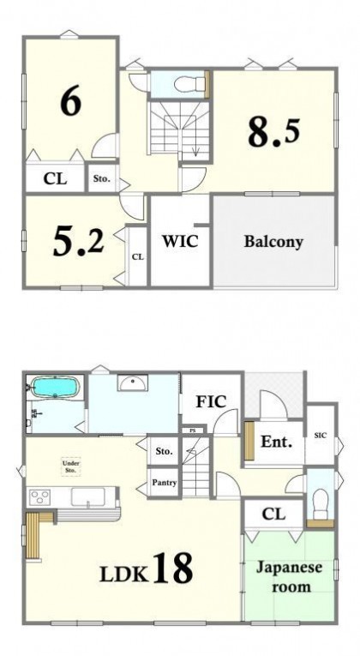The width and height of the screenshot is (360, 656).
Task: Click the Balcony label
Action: tap(273, 242)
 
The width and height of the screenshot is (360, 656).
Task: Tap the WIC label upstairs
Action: tap(180, 241)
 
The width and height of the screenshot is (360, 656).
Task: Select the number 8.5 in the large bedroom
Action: tap(274, 132)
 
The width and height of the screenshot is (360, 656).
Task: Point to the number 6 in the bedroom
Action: tap(70, 102)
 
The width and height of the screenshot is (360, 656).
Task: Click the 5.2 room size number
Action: tap(79, 242)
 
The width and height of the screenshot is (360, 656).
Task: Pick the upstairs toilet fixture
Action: tap(184, 86)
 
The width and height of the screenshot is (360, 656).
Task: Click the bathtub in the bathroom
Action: tap(55, 387)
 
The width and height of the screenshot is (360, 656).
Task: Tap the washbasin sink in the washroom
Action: tap(133, 382)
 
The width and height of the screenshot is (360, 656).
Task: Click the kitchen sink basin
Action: tap(87, 497)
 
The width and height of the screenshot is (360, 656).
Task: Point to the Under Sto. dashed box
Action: tap(71, 466)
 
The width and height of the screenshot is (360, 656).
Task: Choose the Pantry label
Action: tap(165, 483)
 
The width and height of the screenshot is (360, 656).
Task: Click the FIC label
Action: tap(212, 401)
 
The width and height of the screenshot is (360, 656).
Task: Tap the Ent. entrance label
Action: tap(276, 442)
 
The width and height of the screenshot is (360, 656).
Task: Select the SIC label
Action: tap(321, 436)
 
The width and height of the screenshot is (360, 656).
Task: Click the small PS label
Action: tap(192, 430)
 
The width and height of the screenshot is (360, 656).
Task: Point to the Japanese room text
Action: tap(290, 577)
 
